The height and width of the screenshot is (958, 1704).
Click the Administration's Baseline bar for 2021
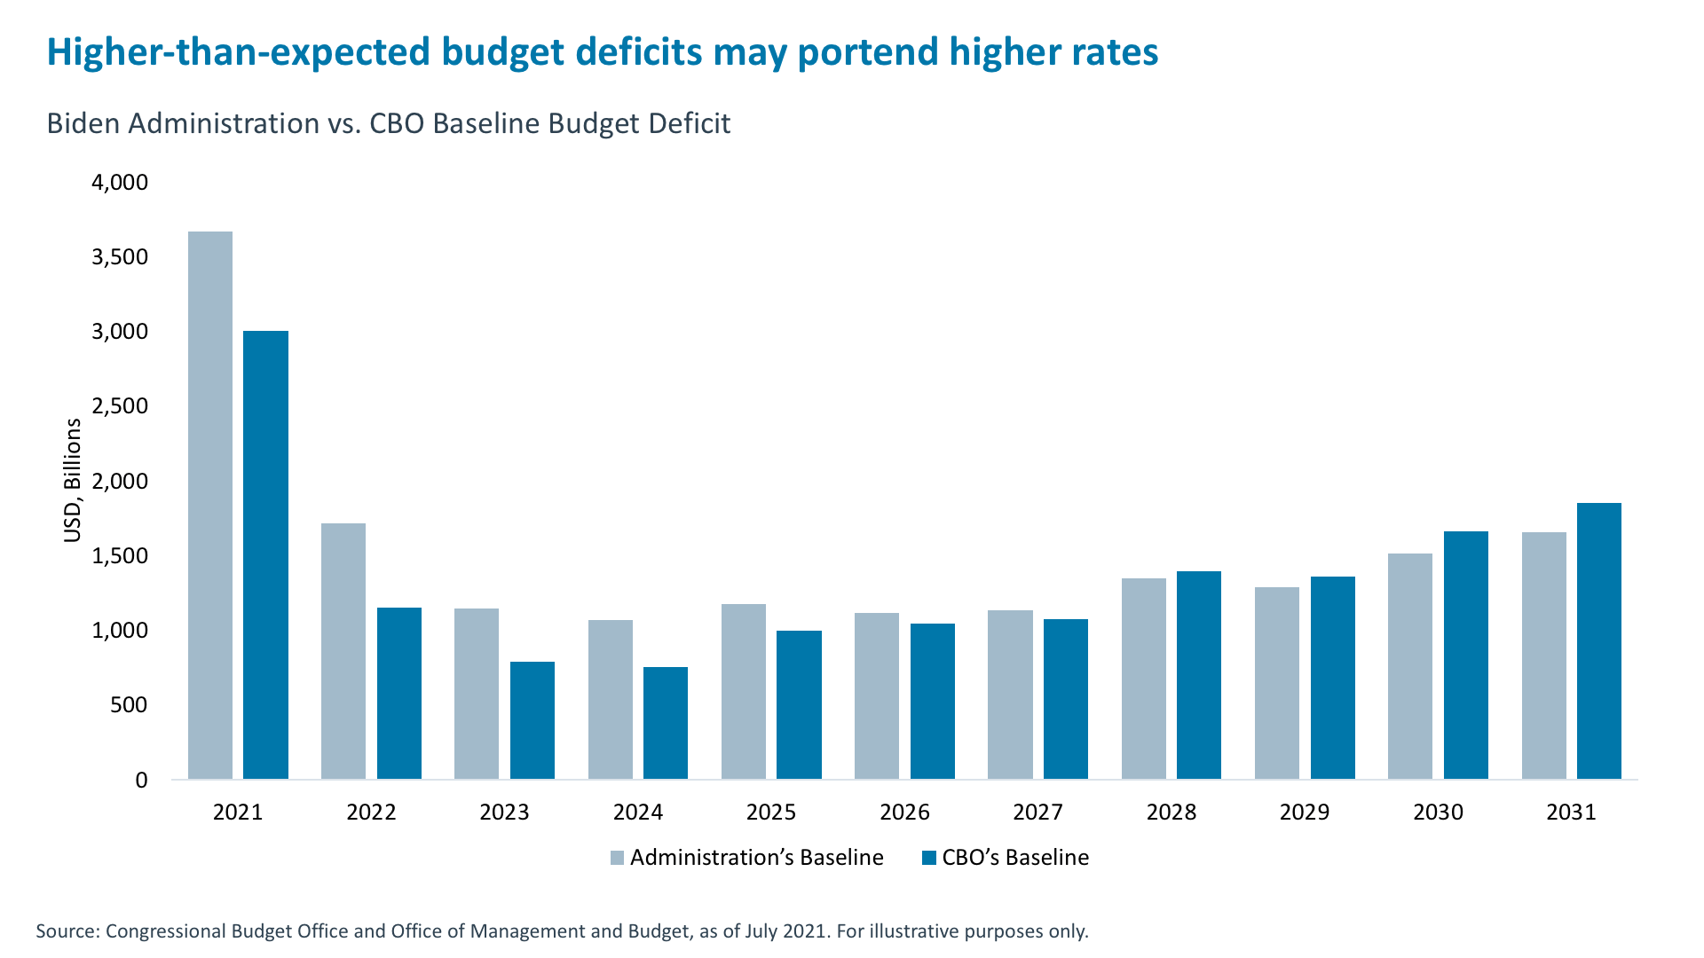tap(210, 506)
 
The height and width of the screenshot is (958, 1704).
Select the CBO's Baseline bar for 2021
tap(265, 555)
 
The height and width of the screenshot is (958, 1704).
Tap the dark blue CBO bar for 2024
tap(666, 723)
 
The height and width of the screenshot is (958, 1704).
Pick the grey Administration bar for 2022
tap(343, 651)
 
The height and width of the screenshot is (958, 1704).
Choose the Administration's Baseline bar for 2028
tap(1144, 679)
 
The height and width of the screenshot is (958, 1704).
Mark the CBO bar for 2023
tap(532, 720)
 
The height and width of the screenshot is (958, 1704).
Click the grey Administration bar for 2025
tap(744, 692)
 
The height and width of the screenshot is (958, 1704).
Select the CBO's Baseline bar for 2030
tap(1466, 656)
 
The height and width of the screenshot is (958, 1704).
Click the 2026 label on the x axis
tap(904, 813)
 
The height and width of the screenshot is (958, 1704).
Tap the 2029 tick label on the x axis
tap(1305, 813)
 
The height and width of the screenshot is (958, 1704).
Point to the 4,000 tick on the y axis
tap(120, 183)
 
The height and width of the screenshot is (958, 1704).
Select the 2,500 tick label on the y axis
tap(120, 406)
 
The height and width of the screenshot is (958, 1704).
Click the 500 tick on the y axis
tap(129, 706)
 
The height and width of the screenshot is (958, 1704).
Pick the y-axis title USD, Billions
tap(73, 481)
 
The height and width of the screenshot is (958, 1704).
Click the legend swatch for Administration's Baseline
tap(618, 858)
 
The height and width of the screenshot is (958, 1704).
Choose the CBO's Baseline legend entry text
tap(1015, 858)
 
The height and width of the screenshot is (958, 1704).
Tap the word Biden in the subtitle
tap(84, 123)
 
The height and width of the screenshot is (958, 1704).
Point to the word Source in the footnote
tap(67, 931)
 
